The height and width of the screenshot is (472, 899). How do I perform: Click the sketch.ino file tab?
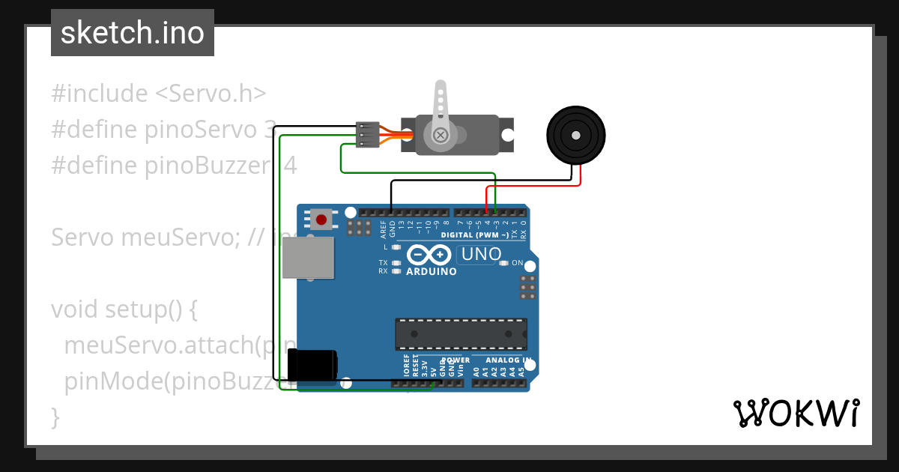(x=132, y=33)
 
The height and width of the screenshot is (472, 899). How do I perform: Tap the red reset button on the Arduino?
(x=321, y=220)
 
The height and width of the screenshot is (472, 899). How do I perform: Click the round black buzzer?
(x=575, y=136)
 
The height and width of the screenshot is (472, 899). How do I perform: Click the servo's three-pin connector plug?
(x=367, y=135)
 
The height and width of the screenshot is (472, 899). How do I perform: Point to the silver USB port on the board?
(x=308, y=258)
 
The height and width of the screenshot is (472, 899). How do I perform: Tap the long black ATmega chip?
(x=461, y=333)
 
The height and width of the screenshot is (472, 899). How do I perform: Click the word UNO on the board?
(x=481, y=254)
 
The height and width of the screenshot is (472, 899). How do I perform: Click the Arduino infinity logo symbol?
(x=430, y=255)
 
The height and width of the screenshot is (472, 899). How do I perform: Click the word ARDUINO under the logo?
(x=431, y=271)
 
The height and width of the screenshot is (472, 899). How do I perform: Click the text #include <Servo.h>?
(x=159, y=94)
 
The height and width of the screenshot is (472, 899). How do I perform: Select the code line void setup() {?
(x=124, y=309)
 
